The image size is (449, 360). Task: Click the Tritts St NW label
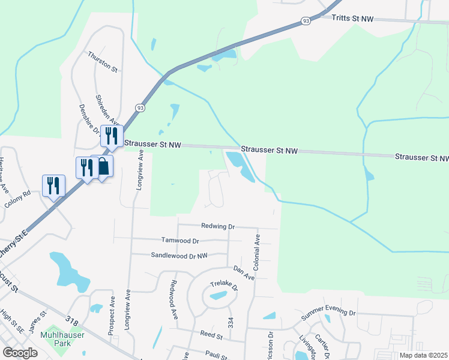(352, 20)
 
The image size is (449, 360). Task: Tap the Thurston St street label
(102, 62)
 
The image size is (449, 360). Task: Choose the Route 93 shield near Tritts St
(306, 21)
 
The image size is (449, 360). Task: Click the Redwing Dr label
(218, 227)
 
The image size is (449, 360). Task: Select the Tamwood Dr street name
(179, 240)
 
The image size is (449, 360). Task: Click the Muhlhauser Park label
(55, 339)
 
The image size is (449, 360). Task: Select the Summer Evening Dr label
(328, 313)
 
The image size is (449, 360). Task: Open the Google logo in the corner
(20, 353)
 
